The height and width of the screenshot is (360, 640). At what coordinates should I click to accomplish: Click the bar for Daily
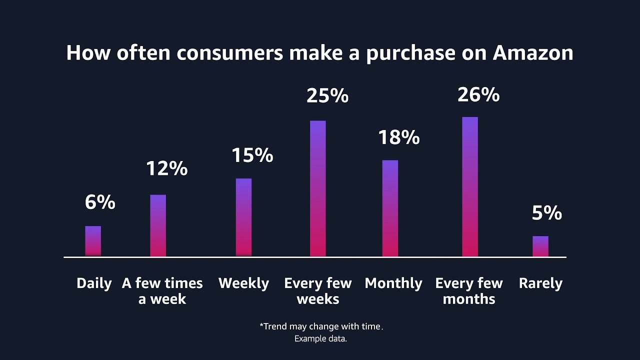pyautogui.click(x=93, y=241)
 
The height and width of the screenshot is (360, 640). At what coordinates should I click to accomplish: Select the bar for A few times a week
pyautogui.click(x=158, y=225)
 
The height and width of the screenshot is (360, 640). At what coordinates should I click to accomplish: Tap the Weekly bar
pyautogui.click(x=243, y=217)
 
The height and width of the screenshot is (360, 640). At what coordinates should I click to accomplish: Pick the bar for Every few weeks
pyautogui.click(x=318, y=188)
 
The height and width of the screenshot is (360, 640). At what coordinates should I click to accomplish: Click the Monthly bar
pyautogui.click(x=390, y=208)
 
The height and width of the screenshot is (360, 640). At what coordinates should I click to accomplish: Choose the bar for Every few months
pyautogui.click(x=470, y=186)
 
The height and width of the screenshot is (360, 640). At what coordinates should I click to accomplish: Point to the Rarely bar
pyautogui.click(x=540, y=246)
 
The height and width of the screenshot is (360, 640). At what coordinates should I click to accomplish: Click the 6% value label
pyautogui.click(x=100, y=202)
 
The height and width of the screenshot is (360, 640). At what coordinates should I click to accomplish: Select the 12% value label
pyautogui.click(x=167, y=168)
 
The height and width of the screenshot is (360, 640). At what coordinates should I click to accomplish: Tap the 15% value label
pyautogui.click(x=252, y=155)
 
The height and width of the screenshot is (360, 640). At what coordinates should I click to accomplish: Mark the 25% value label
pyautogui.click(x=327, y=95)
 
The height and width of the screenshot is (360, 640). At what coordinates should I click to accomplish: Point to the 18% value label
pyautogui.click(x=398, y=137)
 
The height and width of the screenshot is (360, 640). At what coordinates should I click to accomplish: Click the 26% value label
pyautogui.click(x=478, y=94)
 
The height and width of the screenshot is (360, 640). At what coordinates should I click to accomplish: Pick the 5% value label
pyautogui.click(x=547, y=213)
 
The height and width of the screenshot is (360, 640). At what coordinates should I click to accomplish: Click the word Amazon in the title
pyautogui.click(x=533, y=53)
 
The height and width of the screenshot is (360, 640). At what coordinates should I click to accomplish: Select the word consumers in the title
pyautogui.click(x=229, y=53)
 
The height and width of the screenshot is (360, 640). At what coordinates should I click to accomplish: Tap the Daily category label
pyautogui.click(x=94, y=283)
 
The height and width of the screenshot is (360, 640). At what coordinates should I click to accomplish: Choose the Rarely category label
pyautogui.click(x=540, y=283)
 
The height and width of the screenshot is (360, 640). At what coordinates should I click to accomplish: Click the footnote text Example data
pyautogui.click(x=320, y=339)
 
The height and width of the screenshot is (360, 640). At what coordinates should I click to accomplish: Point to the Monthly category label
pyautogui.click(x=393, y=283)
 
